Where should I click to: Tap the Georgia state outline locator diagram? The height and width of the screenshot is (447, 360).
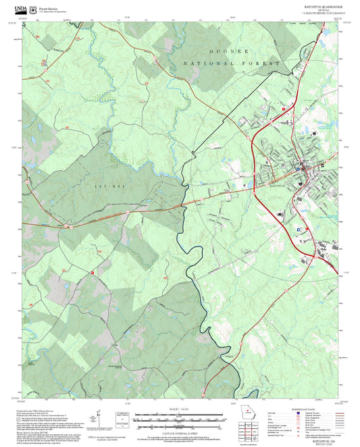[247, 413]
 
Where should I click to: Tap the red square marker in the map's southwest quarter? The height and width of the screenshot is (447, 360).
[91, 272]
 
